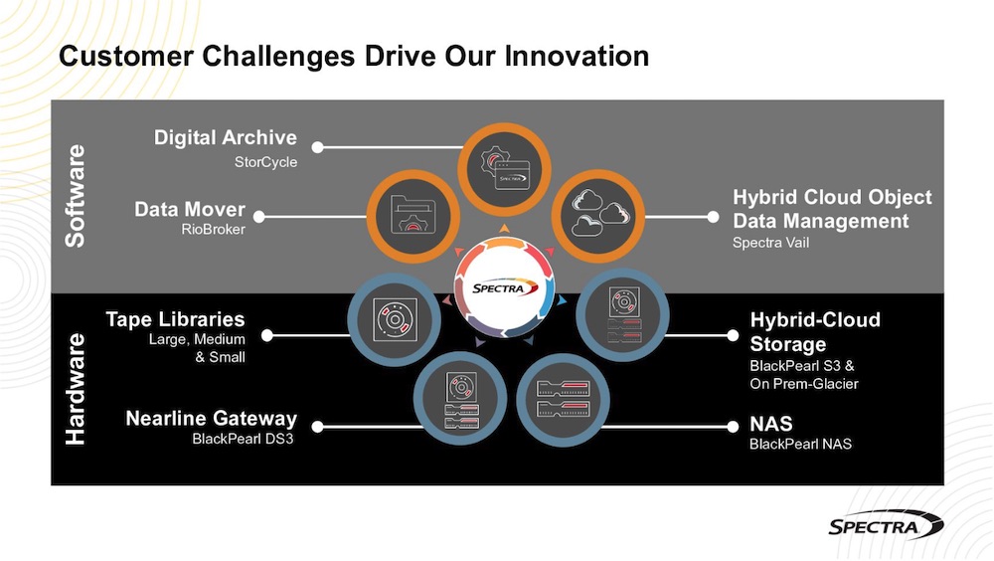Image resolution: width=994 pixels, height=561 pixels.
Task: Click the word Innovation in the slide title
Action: pos(577,56)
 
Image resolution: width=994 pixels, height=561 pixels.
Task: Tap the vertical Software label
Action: pos(76,196)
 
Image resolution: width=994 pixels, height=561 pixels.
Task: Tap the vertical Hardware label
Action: pos(76,389)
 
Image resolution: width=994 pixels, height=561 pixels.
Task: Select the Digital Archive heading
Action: pos(225,137)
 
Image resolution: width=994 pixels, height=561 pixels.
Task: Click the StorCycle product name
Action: pos(265,162)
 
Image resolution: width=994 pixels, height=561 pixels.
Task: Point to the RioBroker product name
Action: pos(213,229)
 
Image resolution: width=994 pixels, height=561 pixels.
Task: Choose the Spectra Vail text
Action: pos(770,243)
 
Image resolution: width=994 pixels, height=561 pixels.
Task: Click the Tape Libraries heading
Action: pos(175,318)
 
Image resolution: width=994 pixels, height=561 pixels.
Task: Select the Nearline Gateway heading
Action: pos(211,418)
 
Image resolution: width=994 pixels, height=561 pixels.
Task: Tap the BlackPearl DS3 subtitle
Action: pos(243,439)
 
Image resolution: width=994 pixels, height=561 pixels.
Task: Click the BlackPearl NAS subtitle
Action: pos(800,445)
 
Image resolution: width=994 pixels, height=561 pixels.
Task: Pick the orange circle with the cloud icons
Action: pos(597,217)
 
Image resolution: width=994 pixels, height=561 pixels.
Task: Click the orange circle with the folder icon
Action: pos(413,217)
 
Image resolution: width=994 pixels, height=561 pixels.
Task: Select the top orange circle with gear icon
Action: pos(504,169)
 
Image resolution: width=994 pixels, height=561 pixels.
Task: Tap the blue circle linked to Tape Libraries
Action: pos(394,320)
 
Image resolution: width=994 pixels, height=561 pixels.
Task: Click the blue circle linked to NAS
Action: pos(563,400)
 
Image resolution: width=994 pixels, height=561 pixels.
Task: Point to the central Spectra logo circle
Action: pos(505,287)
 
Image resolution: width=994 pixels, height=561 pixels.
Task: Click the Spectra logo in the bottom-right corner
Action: pos(886,525)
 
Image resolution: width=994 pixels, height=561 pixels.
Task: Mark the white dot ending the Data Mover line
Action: pos(258,217)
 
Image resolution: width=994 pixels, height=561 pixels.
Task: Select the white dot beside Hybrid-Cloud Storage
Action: pos(733,334)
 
